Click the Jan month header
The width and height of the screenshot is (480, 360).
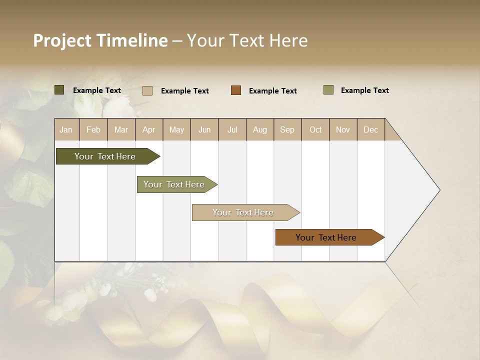point(66,129)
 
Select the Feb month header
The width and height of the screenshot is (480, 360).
point(93,129)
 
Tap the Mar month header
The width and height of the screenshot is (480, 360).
point(121,129)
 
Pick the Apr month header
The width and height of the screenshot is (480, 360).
point(149,129)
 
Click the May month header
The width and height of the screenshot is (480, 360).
point(176,129)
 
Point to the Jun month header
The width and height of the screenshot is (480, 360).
point(204,129)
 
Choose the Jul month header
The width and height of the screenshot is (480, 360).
point(232,129)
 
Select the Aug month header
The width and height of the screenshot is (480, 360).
point(260,129)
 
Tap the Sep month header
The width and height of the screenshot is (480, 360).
point(287,129)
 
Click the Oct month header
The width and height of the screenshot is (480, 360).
point(315,129)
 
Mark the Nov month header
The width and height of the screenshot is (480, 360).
point(343,129)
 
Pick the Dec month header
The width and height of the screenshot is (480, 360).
point(371,129)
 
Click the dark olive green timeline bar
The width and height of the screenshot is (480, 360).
point(105,156)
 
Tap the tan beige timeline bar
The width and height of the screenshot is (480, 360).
point(243,212)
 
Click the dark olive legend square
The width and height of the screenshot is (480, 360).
point(59,90)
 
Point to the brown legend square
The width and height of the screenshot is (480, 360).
point(236,90)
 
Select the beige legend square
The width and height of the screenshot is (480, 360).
point(147,90)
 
